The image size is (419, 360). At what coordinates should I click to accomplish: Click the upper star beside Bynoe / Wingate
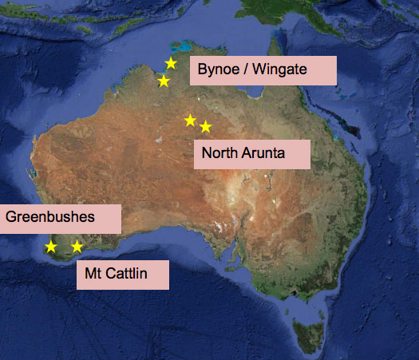click(170, 64)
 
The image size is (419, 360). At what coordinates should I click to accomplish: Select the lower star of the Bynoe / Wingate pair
click(164, 81)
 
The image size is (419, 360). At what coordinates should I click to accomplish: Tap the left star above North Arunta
click(190, 121)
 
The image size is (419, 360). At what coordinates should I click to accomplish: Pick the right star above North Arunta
click(205, 126)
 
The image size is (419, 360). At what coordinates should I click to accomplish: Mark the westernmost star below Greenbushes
click(51, 247)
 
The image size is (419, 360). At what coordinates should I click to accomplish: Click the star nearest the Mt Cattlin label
click(77, 247)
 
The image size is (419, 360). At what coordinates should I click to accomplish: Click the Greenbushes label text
click(50, 216)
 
